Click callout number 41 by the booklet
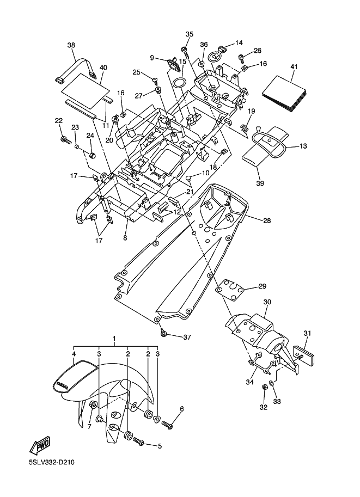(x=294, y=66)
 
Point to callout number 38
(x=71, y=45)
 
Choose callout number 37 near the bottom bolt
(x=187, y=338)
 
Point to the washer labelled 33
(x=272, y=391)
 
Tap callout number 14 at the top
(x=239, y=43)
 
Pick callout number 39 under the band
(x=260, y=183)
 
